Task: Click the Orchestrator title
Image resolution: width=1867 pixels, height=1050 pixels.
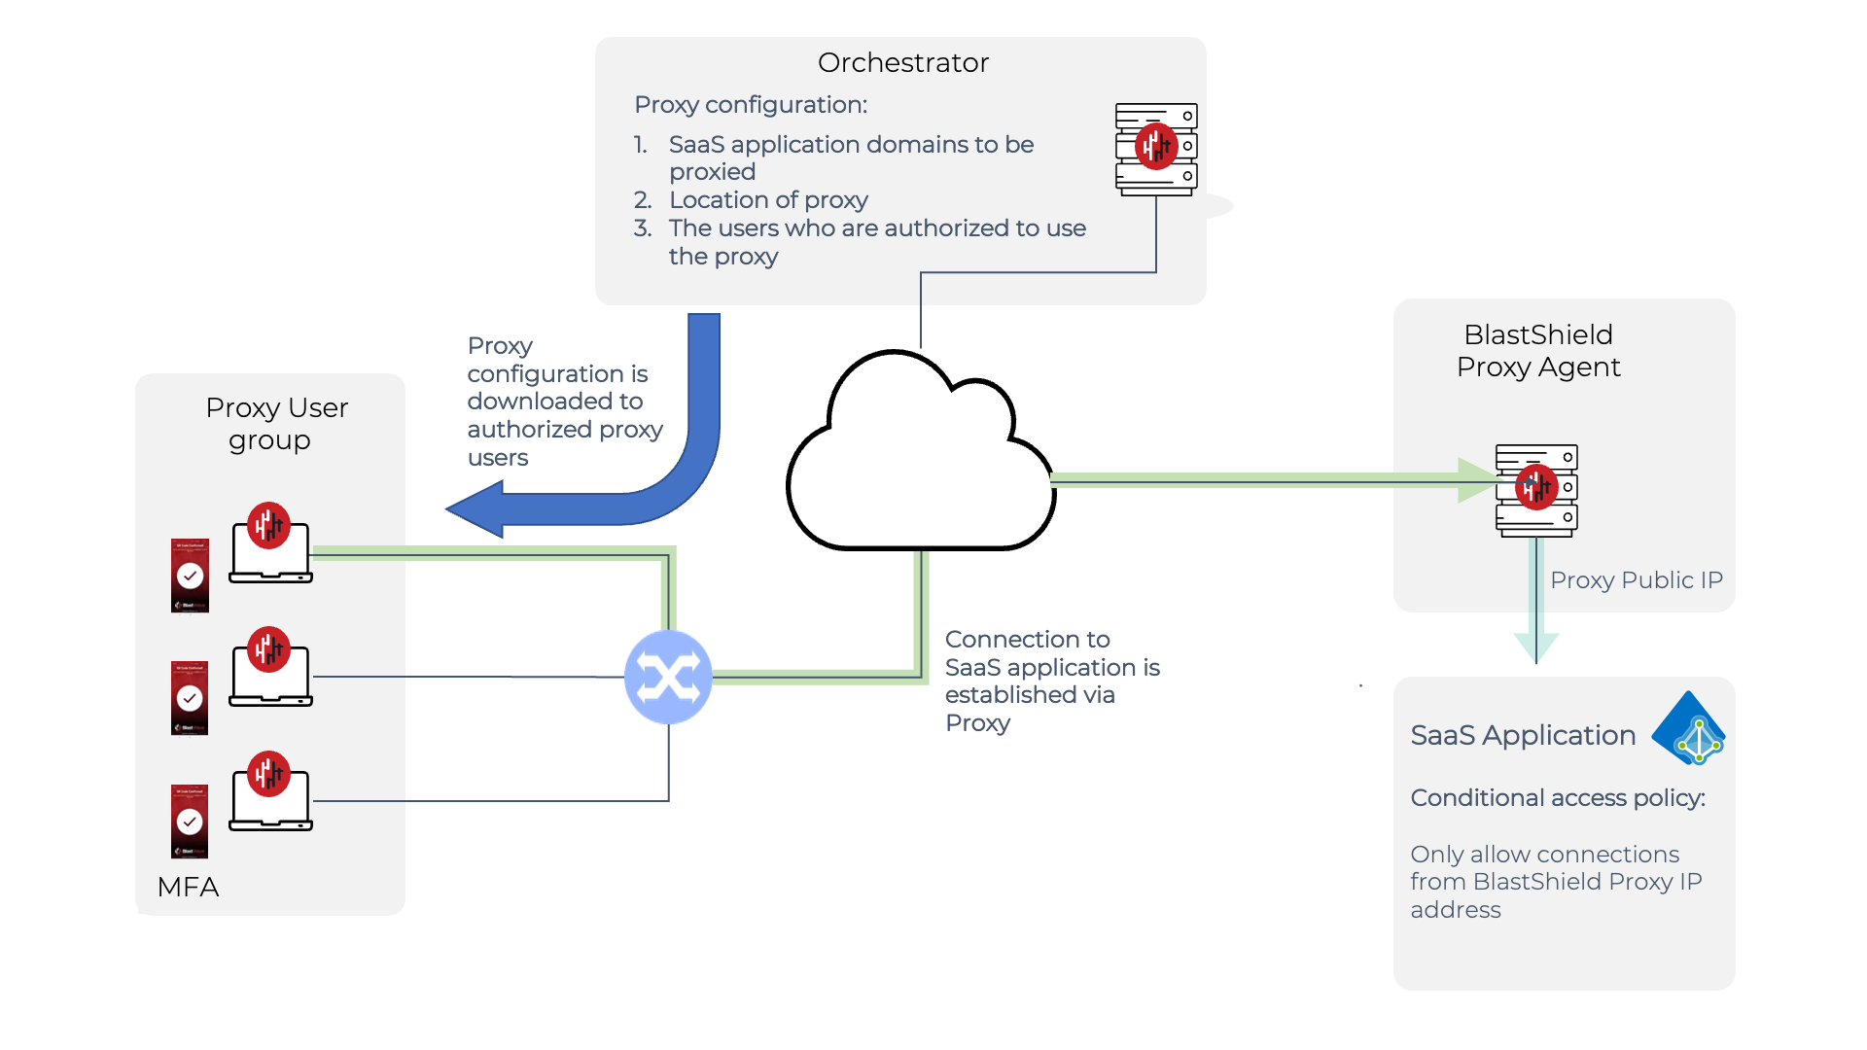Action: [902, 63]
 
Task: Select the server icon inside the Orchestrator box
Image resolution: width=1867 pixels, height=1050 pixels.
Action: [1155, 149]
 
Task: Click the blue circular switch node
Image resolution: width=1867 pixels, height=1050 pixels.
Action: [668, 677]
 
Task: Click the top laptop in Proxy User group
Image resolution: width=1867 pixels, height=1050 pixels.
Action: [270, 549]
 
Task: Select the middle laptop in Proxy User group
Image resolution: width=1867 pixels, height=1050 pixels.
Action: [270, 673]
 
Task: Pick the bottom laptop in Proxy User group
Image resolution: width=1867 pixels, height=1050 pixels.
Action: [270, 797]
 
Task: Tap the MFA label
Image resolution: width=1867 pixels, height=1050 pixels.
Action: [188, 887]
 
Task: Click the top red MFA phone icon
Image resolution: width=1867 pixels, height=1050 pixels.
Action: [190, 576]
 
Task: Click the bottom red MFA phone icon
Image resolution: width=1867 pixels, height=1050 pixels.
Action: [190, 822]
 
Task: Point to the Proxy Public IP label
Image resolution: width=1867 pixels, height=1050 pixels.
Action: [1636, 580]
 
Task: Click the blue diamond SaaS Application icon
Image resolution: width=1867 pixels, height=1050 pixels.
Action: [1689, 728]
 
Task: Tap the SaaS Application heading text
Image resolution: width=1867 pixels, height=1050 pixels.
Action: [1523, 736]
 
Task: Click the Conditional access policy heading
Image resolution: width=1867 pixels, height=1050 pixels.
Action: [1558, 798]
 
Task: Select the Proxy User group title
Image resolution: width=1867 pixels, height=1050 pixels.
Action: [276, 424]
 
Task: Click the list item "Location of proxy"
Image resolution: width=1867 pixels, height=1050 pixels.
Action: [768, 200]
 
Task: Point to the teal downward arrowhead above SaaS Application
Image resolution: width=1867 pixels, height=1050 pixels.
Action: [1536, 646]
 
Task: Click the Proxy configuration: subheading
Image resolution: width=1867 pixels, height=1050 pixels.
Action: [751, 105]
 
